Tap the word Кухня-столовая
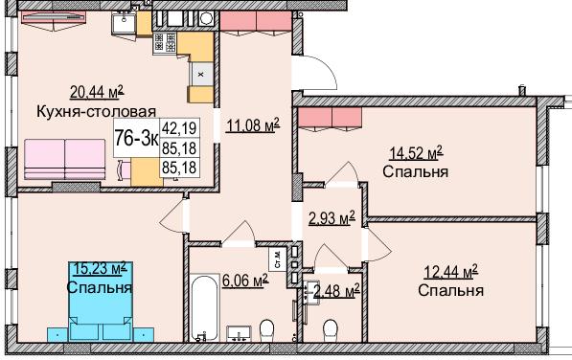tap(95, 110)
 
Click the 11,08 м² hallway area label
tap(251, 124)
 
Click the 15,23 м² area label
tap(99, 269)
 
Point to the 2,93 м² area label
tap(332, 217)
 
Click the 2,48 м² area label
tap(335, 288)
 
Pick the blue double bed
tap(99, 306)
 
